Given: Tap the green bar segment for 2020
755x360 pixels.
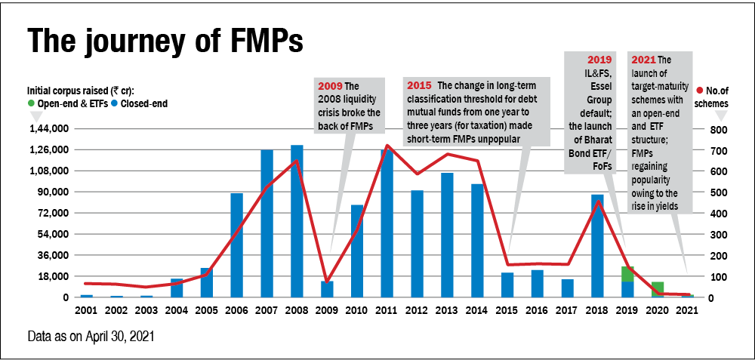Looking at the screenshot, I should pyautogui.click(x=658, y=287).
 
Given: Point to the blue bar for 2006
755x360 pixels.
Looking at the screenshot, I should pyautogui.click(x=236, y=245).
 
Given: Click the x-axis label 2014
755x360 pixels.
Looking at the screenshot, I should pyautogui.click(x=477, y=309).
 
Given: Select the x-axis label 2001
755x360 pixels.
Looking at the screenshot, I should pyautogui.click(x=86, y=309).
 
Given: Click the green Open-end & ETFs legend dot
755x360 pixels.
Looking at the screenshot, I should pyautogui.click(x=31, y=103).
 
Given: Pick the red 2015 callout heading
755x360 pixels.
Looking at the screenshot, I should pyautogui.click(x=418, y=85).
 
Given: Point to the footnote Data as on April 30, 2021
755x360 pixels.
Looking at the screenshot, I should pyautogui.click(x=90, y=334).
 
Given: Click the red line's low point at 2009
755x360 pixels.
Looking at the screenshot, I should pyautogui.click(x=327, y=281).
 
